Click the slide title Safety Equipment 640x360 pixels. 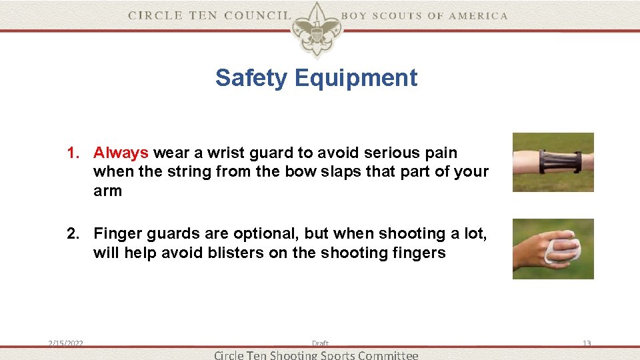[x=316, y=78]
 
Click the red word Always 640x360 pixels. [x=121, y=153]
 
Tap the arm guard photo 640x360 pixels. [x=553, y=162]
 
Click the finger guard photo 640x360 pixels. [x=553, y=249]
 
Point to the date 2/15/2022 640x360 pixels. [x=65, y=343]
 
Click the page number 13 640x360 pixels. [x=587, y=343]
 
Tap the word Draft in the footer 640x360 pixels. [x=320, y=343]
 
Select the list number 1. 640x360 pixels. [x=73, y=153]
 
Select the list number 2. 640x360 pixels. [x=73, y=233]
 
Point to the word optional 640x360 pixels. [x=261, y=233]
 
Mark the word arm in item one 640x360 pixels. [x=107, y=191]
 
